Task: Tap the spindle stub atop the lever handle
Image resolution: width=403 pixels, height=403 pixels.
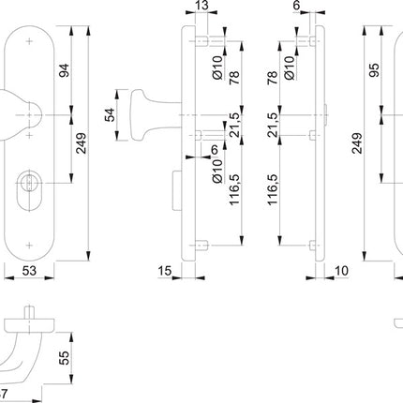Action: (x=31, y=311)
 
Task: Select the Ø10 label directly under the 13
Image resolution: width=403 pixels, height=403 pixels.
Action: (x=216, y=67)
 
